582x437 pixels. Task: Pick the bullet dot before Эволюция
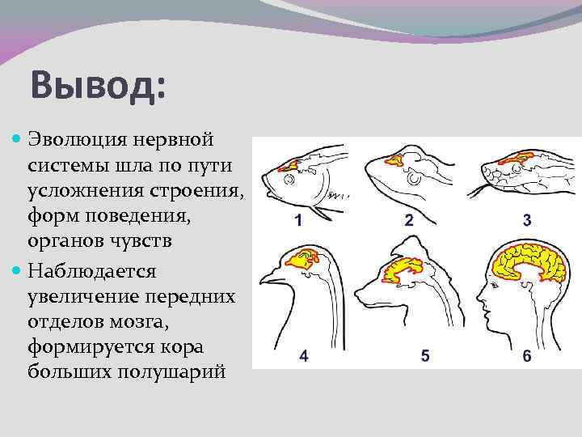(19, 140)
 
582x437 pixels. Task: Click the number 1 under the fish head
(298, 220)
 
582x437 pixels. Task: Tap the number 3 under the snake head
(526, 220)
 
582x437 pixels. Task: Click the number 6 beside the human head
(526, 357)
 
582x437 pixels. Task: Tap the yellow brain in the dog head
(404, 271)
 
